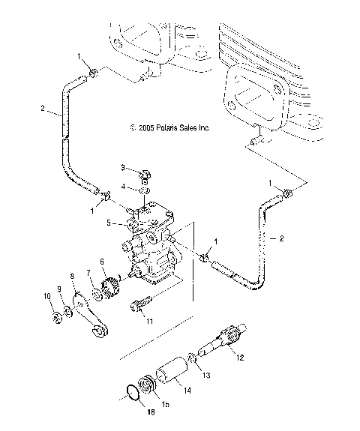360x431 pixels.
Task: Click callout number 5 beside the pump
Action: (110, 223)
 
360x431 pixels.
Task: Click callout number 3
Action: (124, 166)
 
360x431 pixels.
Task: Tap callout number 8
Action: (73, 276)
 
